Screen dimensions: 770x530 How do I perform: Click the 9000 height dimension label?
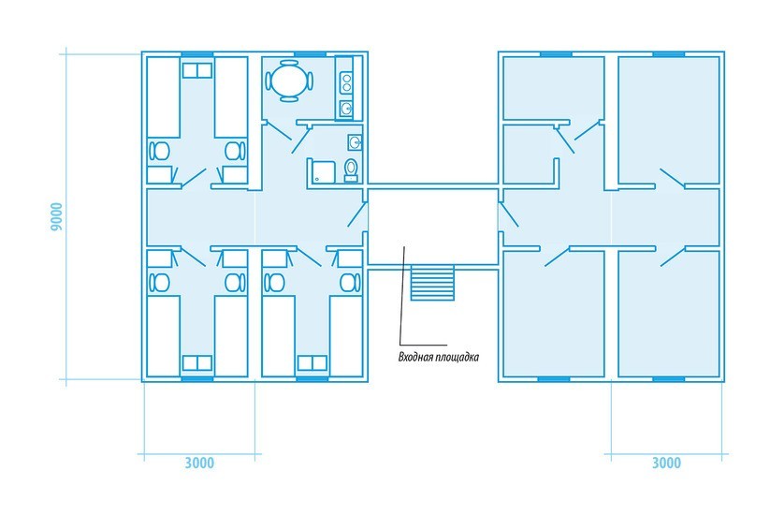56,217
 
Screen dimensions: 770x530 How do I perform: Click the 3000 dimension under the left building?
199,464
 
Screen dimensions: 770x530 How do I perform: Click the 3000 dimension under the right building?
666,464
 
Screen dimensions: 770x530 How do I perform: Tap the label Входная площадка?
438,357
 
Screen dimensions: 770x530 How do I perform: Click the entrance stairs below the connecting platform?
432,283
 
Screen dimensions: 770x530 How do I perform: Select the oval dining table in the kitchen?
290,81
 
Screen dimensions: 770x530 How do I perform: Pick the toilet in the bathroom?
351,169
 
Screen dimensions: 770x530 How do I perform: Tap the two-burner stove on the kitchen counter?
347,82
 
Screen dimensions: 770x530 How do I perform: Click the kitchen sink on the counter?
347,109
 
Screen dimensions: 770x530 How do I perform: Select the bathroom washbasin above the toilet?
355,142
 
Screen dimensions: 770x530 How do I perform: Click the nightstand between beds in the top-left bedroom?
196,70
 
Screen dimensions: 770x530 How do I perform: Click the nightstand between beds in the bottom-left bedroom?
196,362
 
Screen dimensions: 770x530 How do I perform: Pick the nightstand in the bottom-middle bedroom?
312,362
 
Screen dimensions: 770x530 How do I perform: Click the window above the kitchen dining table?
311,54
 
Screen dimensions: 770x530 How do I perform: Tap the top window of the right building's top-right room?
669,54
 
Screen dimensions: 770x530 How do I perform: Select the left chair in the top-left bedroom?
159,151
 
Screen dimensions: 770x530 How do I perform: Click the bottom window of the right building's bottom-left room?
554,379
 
